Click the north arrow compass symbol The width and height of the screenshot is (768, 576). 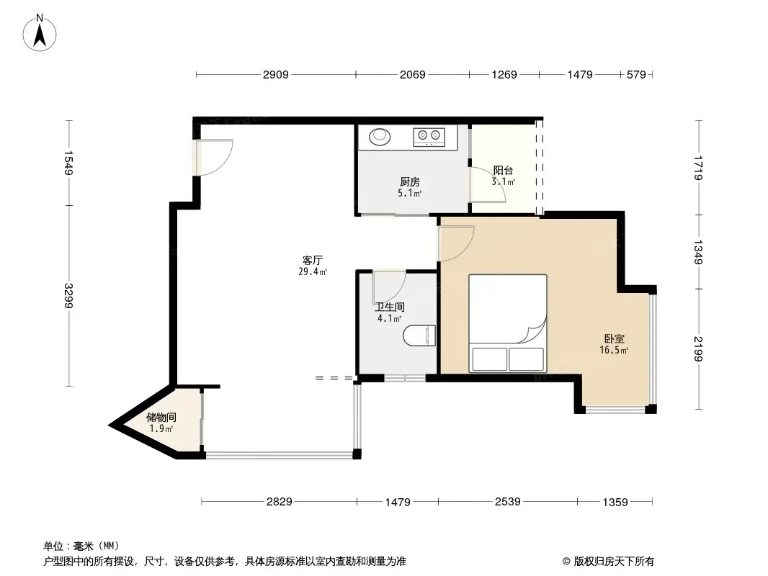(41, 32)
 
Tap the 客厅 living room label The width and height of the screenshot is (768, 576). (312, 260)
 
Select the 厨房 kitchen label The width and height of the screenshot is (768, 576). (410, 181)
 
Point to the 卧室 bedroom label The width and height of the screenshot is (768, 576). (615, 338)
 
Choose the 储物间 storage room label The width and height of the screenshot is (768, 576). (161, 417)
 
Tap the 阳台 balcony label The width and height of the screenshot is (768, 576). (503, 171)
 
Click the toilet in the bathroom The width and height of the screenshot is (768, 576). (421, 336)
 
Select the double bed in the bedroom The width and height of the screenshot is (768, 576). (507, 323)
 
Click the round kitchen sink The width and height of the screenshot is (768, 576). (379, 135)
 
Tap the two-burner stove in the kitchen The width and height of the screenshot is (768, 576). (429, 135)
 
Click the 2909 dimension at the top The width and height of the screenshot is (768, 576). (275, 74)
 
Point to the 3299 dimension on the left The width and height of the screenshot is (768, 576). (69, 295)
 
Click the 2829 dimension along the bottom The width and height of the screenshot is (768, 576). (280, 502)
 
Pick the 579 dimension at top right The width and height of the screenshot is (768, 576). (636, 74)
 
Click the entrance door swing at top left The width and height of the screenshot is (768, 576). (215, 156)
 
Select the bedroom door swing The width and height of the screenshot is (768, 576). (457, 243)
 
